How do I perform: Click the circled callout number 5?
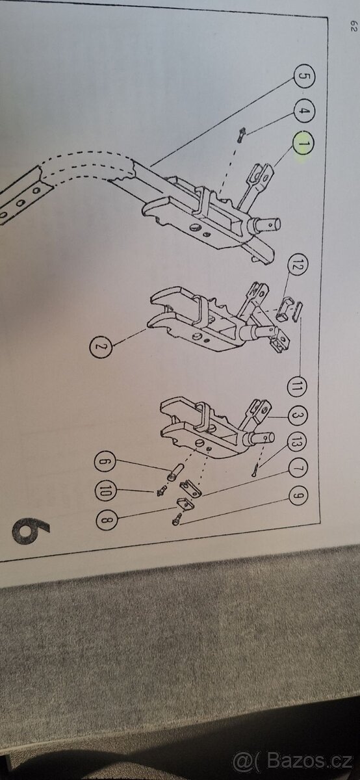[x=304, y=76]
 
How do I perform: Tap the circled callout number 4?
[x=304, y=111]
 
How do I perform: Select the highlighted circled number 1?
[x=303, y=143]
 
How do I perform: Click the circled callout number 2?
[x=101, y=346]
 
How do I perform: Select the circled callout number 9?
[x=298, y=495]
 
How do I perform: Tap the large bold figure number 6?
[x=31, y=530]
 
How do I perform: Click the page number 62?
[x=354, y=25]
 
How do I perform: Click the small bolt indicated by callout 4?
[x=241, y=134]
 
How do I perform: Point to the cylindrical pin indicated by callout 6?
[x=175, y=471]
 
